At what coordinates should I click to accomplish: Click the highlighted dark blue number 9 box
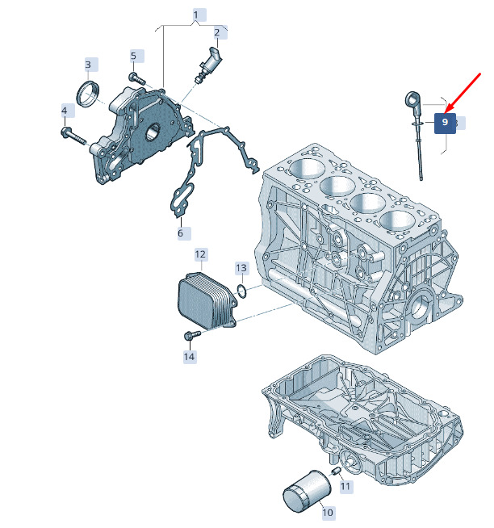click(445, 124)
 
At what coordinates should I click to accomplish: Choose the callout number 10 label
click(329, 513)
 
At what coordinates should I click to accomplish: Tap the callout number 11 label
click(346, 487)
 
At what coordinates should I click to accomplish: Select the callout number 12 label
click(201, 254)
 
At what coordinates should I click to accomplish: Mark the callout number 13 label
click(242, 268)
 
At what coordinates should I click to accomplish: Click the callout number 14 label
click(190, 357)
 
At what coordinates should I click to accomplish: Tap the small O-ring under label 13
click(242, 291)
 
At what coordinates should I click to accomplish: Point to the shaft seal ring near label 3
click(88, 94)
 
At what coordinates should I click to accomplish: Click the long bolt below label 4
click(73, 136)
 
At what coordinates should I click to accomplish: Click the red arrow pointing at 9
click(463, 92)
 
